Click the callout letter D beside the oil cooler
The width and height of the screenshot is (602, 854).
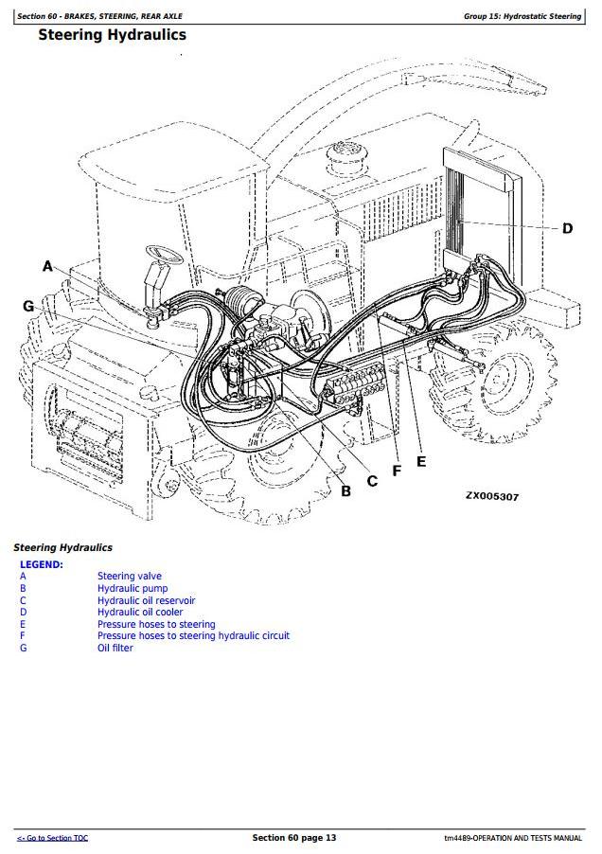pos(567,228)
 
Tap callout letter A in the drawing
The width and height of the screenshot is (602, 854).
pos(48,267)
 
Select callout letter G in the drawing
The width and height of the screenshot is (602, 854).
pos(28,306)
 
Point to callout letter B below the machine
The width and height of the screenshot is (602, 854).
pos(345,490)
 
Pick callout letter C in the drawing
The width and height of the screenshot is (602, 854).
pos(372,481)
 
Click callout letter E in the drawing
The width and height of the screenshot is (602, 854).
pos(420,462)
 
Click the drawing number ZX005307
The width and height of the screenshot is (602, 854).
pos(491,496)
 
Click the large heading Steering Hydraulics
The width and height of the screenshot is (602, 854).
pos(112,35)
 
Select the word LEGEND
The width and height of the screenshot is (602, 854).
pos(42,564)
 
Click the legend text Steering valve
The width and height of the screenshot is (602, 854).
pos(130,577)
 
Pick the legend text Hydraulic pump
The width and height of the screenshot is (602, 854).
pos(133,589)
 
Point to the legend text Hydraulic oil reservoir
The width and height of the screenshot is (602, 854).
pos(147,600)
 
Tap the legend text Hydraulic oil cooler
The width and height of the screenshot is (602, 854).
pos(140,613)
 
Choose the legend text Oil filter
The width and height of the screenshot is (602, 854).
pos(117,649)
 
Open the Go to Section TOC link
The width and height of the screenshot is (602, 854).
pos(52,839)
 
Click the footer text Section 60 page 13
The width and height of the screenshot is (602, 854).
pos(293,838)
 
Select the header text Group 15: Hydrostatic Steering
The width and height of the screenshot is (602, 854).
pos(522,16)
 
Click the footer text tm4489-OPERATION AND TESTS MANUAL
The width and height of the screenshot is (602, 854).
pos(512,839)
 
